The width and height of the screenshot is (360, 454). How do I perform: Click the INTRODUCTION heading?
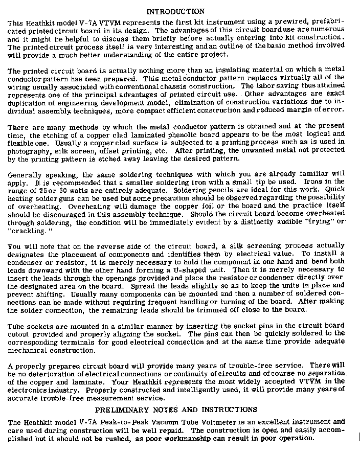pyautogui.click(x=175, y=11)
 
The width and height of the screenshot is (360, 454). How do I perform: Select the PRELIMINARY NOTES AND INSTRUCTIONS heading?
pyautogui.click(x=176, y=410)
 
